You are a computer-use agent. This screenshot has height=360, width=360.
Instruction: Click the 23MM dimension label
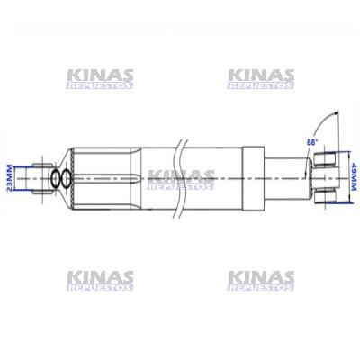click(x=10, y=178)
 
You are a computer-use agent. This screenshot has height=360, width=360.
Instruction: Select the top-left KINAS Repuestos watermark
click(x=100, y=79)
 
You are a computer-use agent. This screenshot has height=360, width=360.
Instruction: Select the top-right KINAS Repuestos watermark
click(x=261, y=79)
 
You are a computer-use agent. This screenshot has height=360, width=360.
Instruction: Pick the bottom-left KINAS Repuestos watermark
click(x=100, y=281)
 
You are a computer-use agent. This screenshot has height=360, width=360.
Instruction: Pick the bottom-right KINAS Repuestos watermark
click(x=261, y=281)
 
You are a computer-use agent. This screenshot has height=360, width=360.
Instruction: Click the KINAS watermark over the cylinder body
click(x=181, y=180)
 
